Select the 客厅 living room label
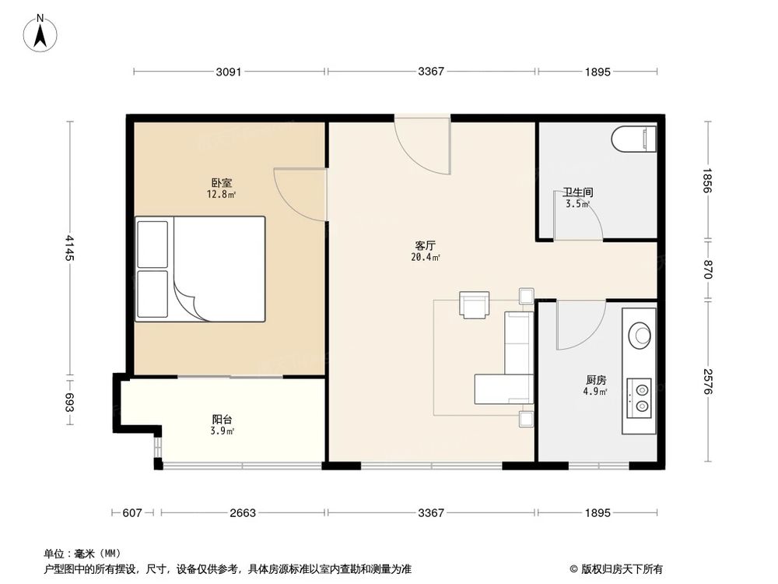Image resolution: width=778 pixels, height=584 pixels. point(425,245)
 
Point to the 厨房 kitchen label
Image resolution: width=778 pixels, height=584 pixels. point(596,380)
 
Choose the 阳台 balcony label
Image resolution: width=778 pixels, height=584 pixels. point(223,419)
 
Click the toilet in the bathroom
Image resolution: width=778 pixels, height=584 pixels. point(633,139)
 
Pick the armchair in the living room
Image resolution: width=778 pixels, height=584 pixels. point(475,304)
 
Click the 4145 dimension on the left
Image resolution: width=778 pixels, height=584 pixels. point(69,248)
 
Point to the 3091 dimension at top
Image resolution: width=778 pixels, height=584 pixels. point(229,72)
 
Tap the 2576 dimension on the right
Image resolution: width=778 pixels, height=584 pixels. point(706,382)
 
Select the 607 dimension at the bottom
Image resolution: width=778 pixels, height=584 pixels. point(132,513)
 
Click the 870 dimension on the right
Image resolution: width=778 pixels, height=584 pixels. point(706,269)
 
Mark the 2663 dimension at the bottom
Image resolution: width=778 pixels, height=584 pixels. point(242,513)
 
